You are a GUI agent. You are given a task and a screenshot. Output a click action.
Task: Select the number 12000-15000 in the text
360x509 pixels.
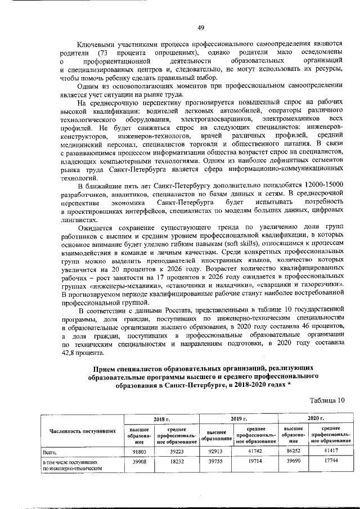tap(323, 186)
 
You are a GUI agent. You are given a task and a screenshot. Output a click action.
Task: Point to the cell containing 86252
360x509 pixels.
tap(292, 452)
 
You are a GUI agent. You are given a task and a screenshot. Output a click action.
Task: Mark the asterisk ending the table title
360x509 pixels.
tap(289, 386)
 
